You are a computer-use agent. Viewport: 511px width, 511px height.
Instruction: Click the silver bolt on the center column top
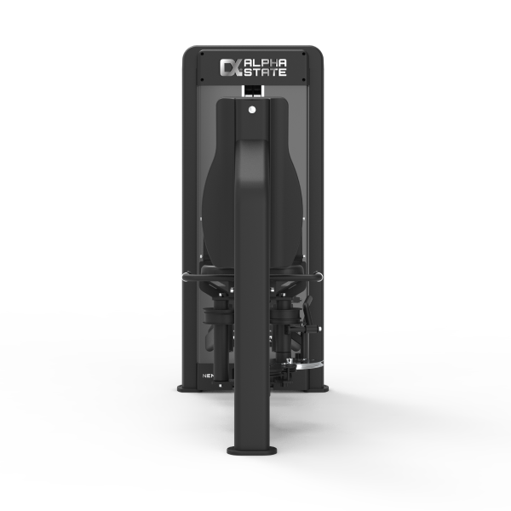[253, 109]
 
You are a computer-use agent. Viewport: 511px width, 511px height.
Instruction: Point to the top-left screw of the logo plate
[202, 54]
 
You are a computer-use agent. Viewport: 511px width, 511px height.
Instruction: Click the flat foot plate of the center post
[253, 450]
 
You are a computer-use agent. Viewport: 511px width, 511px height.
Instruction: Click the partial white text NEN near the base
[207, 373]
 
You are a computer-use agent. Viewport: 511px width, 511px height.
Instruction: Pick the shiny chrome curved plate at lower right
[305, 364]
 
